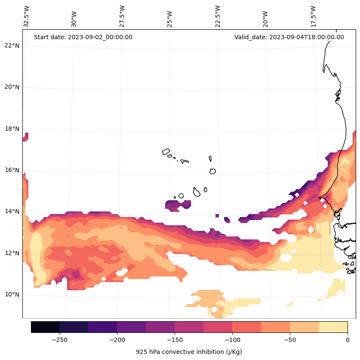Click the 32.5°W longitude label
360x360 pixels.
(x=27, y=16)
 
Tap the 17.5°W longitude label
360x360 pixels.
(x=313, y=16)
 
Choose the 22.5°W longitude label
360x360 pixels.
(x=218, y=16)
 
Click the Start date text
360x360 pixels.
(x=83, y=37)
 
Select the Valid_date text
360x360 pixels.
(x=289, y=37)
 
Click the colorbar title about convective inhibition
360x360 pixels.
(x=189, y=352)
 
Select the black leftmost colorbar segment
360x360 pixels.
(x=45, y=327)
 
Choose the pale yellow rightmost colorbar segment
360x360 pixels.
(x=333, y=327)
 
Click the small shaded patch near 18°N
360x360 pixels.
(x=25, y=137)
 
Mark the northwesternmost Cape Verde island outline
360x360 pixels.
(x=166, y=152)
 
